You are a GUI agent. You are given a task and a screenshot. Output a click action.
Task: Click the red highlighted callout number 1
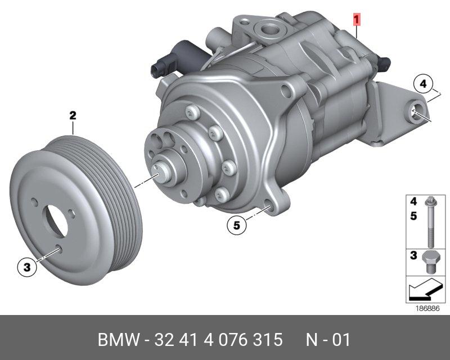pyautogui.click(x=356, y=20)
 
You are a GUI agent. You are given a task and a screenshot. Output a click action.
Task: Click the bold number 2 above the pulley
pyautogui.click(x=73, y=115)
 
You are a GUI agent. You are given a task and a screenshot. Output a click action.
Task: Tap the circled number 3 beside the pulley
pyautogui.click(x=27, y=267)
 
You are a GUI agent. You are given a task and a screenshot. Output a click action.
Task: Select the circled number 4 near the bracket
pyautogui.click(x=423, y=84)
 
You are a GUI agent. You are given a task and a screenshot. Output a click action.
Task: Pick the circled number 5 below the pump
pyautogui.click(x=236, y=225)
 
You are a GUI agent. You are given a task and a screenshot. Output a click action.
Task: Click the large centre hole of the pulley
pyautogui.click(x=56, y=220)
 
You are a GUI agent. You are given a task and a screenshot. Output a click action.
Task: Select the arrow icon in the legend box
pyautogui.click(x=425, y=289)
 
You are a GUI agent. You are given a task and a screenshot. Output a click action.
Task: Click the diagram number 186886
pyautogui.click(x=428, y=309)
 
